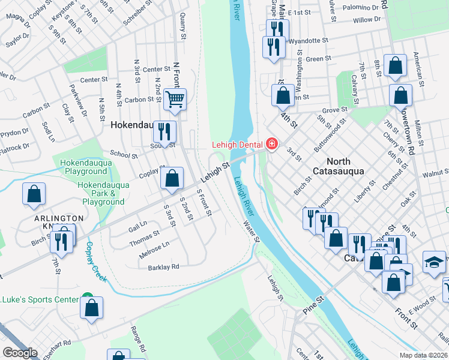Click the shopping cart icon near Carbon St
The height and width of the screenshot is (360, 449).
point(175,100)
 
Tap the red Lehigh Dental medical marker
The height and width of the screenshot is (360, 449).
point(272,145)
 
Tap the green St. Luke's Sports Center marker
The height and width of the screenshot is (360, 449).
point(88,298)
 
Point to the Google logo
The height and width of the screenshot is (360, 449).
point(20,353)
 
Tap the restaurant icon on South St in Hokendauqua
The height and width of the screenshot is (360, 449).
point(164,132)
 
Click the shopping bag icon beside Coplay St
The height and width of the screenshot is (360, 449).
point(172,178)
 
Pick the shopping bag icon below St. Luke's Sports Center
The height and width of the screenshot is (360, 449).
point(92,308)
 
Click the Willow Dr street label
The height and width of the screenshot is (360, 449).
point(367,20)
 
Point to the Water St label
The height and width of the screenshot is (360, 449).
point(251,231)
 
